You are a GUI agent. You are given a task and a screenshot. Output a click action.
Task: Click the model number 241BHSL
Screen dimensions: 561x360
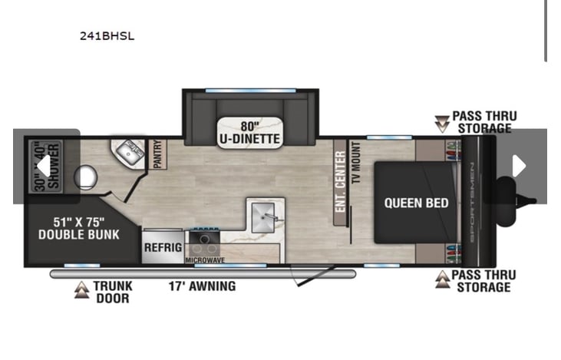click(x=107, y=36)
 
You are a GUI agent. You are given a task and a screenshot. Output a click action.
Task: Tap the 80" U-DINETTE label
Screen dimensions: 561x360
click(x=249, y=132)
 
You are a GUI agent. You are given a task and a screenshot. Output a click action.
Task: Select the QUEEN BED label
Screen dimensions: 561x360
click(x=416, y=203)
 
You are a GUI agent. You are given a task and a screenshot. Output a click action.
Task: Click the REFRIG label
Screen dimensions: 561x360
click(x=163, y=247)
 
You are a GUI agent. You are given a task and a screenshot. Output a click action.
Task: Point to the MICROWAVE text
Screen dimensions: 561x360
click(x=205, y=260)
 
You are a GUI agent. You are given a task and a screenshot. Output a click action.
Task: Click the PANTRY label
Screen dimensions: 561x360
click(x=157, y=154)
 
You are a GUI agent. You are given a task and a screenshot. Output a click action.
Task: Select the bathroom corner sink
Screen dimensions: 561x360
click(x=128, y=153)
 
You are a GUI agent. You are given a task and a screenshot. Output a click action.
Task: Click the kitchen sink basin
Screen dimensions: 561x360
click(x=263, y=217)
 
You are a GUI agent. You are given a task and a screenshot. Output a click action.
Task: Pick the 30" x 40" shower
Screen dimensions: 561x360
click(x=46, y=166)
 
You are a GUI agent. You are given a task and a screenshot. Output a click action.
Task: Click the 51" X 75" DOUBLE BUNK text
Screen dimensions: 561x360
click(x=79, y=228)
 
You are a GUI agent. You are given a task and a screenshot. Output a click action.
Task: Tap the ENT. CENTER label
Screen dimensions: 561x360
click(x=341, y=181)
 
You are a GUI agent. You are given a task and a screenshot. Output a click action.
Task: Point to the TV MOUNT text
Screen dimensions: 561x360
click(x=356, y=163)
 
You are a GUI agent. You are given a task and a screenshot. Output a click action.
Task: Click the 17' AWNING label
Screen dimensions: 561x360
click(x=202, y=286)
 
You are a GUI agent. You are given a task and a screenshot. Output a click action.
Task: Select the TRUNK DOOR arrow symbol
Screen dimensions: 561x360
click(x=82, y=290)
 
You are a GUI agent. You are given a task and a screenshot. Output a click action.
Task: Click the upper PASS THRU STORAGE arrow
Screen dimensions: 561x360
click(x=442, y=124)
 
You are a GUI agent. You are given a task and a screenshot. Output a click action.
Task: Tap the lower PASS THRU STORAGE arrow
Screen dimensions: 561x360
click(x=443, y=279)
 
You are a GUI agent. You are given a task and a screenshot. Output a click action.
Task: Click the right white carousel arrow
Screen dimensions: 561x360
click(x=519, y=166)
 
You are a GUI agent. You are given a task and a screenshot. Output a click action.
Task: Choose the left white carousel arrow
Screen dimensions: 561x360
click(x=44, y=166)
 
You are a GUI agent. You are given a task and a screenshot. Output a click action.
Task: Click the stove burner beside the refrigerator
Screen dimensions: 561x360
click(x=204, y=238)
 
